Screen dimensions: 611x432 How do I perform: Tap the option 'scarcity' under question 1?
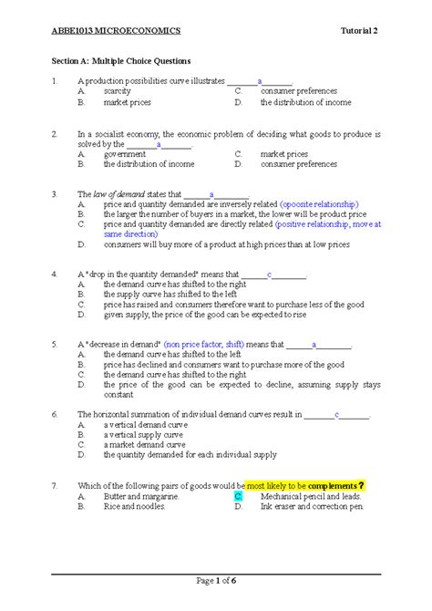(118, 91)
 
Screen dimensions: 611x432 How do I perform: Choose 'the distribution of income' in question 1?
(305, 102)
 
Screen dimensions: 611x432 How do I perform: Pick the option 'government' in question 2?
(125, 154)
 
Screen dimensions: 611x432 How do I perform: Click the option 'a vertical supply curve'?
(142, 434)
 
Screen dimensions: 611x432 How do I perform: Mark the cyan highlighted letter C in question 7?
(237, 496)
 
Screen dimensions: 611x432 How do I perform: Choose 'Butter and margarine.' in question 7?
(141, 496)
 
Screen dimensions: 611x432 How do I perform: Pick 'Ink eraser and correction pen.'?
(312, 506)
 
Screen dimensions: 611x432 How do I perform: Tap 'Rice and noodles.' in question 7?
(134, 506)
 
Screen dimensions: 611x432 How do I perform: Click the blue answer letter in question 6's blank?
(336, 414)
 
